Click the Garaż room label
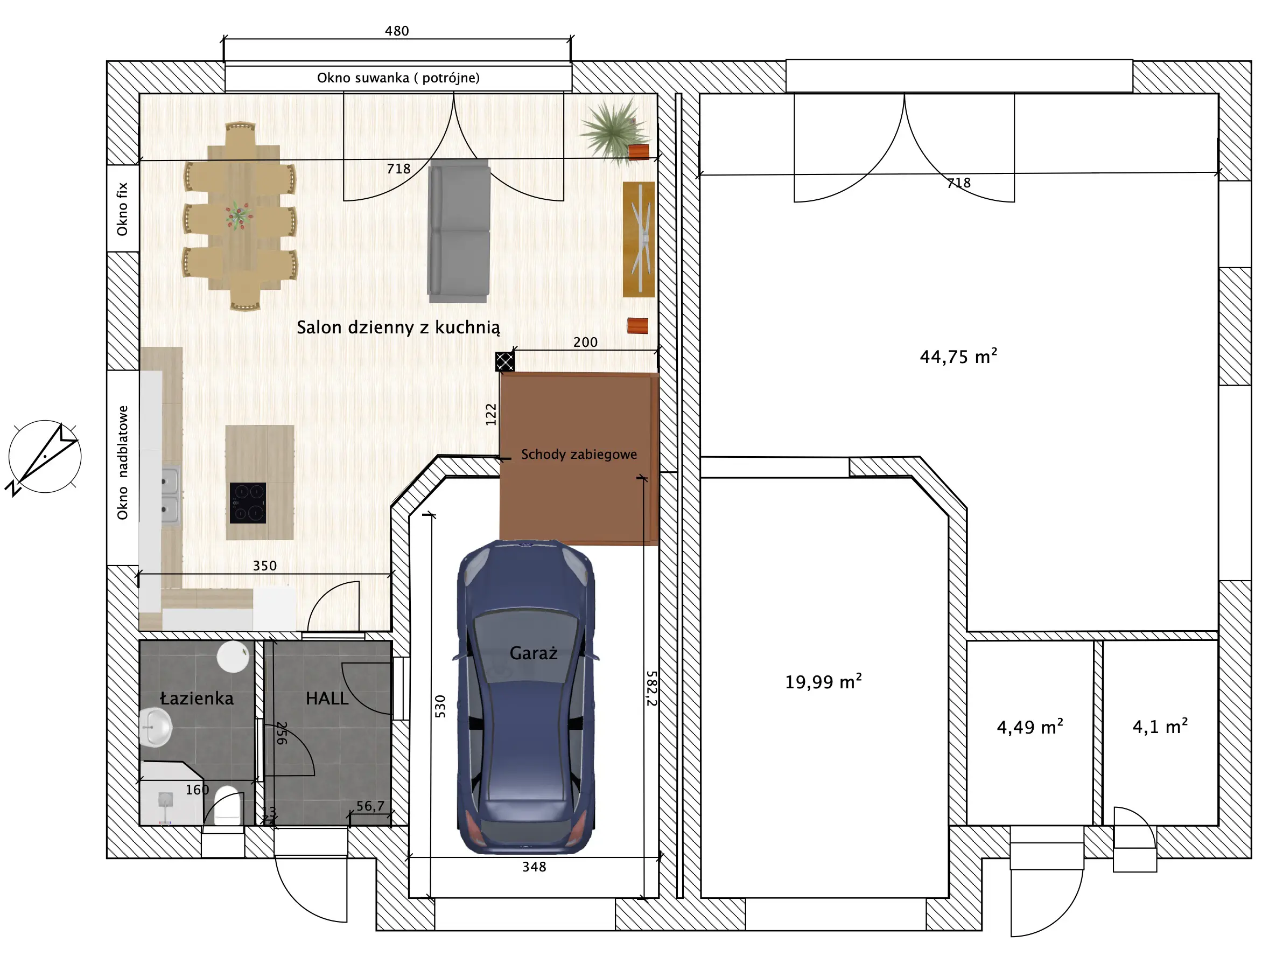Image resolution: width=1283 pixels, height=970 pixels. tap(533, 653)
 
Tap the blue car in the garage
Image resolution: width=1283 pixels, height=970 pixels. tap(525, 697)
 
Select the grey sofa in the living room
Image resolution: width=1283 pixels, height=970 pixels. tap(459, 231)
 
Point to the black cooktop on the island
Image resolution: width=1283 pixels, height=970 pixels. tap(248, 503)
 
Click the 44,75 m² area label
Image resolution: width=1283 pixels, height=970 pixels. tap(958, 355)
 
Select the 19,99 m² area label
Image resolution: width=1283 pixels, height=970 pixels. tap(823, 681)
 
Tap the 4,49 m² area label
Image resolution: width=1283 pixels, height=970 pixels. tap(1029, 727)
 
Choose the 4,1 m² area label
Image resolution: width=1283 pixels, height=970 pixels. tap(1160, 726)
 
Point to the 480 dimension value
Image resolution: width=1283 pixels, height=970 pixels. tap(397, 31)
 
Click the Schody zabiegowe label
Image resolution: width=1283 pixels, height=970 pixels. tap(579, 453)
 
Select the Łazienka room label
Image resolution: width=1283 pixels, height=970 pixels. tap(197, 698)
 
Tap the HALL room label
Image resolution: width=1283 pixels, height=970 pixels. tap(327, 698)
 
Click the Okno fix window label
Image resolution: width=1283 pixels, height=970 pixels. tap(122, 210)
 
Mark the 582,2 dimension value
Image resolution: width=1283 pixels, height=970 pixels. tap(652, 688)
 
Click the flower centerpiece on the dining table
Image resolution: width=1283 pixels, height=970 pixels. tap(239, 215)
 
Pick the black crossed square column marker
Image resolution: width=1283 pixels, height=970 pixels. tap(504, 361)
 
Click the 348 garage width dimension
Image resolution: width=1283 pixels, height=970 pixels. tap(534, 867)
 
